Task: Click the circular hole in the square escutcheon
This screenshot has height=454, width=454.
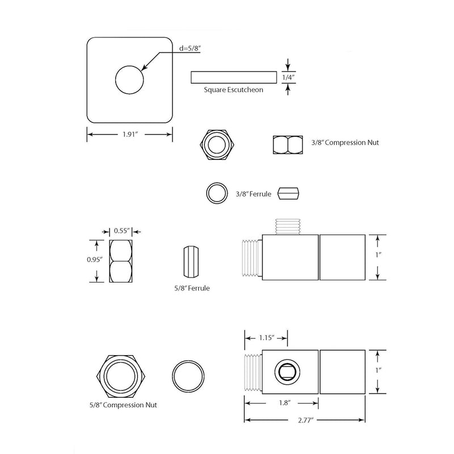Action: [130, 79]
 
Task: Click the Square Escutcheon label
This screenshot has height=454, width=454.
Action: [234, 90]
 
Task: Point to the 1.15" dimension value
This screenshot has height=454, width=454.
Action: [268, 338]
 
